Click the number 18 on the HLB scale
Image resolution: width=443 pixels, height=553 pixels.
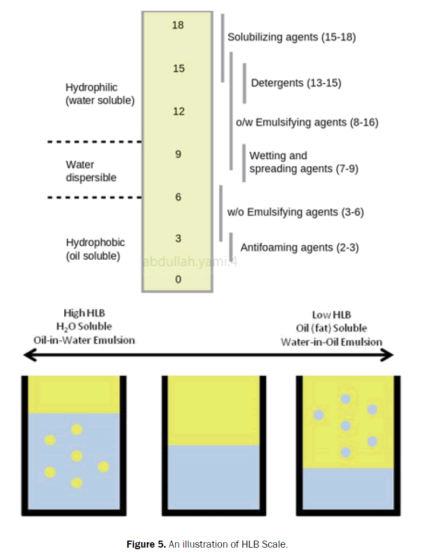point(178,25)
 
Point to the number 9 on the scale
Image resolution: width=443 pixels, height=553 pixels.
point(178,154)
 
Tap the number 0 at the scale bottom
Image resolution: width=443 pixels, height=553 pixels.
point(178,279)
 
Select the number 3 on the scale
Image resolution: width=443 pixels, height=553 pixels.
point(178,239)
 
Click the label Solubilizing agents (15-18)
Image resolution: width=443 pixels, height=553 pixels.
point(291,38)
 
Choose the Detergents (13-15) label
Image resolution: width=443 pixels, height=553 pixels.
point(296,83)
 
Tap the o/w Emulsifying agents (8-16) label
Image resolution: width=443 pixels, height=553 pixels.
point(307,123)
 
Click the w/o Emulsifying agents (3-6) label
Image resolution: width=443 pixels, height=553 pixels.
point(295,212)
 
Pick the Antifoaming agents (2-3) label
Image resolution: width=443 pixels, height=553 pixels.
point(299,247)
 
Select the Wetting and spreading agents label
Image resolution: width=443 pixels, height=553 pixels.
point(303,162)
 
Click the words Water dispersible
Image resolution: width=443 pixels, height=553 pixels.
point(91,171)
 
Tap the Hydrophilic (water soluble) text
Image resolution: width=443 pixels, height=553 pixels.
point(99,94)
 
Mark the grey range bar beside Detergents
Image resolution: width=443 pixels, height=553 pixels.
point(244,83)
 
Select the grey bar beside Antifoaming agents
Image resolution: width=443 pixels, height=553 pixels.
point(231,246)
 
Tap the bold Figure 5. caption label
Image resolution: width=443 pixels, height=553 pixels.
point(146,544)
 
